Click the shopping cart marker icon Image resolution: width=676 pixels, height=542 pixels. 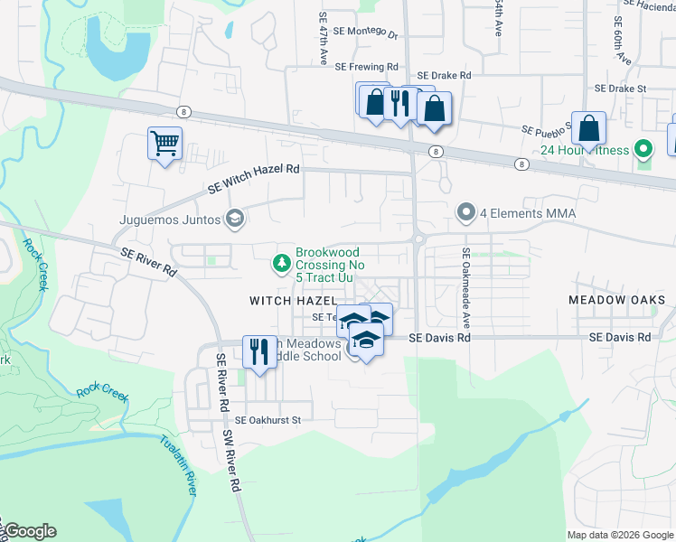164,143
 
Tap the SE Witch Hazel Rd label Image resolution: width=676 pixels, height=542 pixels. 253,179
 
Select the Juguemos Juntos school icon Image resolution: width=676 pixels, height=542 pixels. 235,218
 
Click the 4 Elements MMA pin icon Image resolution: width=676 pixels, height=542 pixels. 466,213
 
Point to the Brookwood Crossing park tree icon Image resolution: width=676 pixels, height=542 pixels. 282,263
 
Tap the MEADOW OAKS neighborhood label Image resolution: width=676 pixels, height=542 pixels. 617,299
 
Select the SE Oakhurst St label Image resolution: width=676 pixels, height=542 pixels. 267,420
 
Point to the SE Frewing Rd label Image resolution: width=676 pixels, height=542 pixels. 366,67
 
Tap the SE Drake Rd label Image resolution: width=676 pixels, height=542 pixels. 444,76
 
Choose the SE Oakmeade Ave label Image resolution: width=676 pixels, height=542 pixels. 466,288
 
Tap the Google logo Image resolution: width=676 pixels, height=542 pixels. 29,531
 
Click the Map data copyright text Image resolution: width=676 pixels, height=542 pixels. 619,534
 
